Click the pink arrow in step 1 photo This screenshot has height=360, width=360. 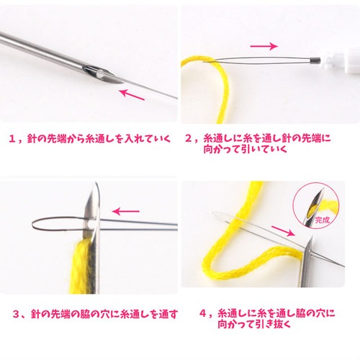coord(132,94)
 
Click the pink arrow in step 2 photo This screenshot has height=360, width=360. coord(264,46)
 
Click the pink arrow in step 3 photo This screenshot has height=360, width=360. coord(126,212)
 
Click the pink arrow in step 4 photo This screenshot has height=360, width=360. coord(282,231)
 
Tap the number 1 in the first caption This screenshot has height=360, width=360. coord(12,139)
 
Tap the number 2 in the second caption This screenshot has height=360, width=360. coord(189,138)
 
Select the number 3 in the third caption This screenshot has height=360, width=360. coord(16,314)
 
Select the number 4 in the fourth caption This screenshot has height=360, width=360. coord(203,314)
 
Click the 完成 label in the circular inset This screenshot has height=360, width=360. coord(323,220)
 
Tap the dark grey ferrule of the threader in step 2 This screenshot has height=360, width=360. coord(315,61)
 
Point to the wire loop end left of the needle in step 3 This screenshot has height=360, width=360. coord(32,225)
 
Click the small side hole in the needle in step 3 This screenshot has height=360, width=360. coord(89,225)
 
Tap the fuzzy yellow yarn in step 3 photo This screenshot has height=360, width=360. coord(81,266)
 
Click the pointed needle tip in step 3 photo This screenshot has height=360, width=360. coord(96,183)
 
